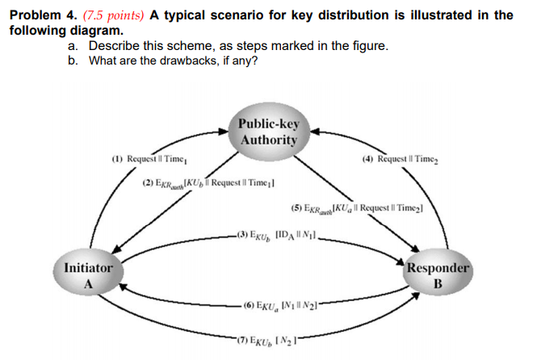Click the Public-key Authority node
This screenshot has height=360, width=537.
click(269, 132)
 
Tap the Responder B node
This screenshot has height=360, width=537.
click(437, 275)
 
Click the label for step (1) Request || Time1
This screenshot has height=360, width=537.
click(150, 161)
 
